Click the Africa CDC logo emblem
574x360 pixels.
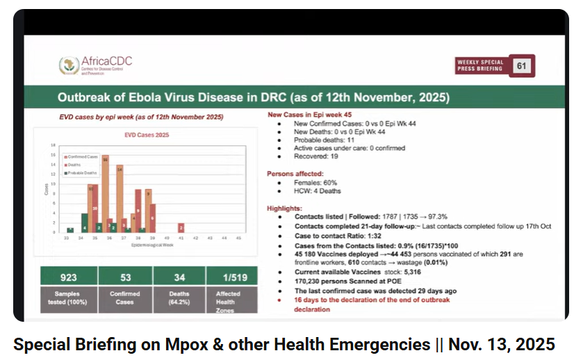[x=69, y=66]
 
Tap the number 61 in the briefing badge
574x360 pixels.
[x=520, y=65]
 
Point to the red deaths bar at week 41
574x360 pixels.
[x=181, y=228]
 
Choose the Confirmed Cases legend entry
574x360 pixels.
[x=83, y=156]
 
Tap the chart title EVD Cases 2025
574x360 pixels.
[x=146, y=135]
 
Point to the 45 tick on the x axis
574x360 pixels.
[x=239, y=238]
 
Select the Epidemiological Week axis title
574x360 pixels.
[x=151, y=245]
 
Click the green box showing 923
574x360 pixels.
[x=67, y=277]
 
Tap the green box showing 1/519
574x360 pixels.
[x=227, y=277]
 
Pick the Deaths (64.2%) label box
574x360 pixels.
[x=174, y=299]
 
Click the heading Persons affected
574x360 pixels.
[x=295, y=174]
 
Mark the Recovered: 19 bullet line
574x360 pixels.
[x=316, y=156]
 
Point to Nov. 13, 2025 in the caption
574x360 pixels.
[x=502, y=344]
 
